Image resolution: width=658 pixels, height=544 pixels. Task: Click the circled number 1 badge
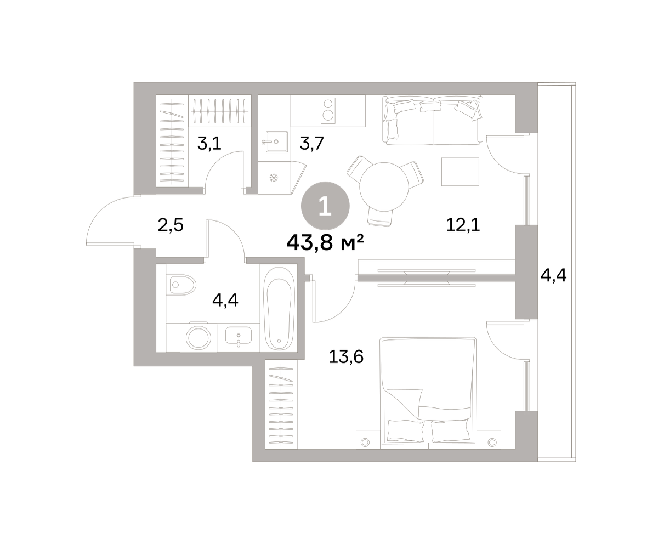point(325,206)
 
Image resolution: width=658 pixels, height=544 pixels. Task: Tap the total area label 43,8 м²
point(325,243)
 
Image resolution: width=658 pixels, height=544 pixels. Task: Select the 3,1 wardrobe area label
point(209,144)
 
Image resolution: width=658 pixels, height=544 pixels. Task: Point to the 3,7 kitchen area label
point(311,144)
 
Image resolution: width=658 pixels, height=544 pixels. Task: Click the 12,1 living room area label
point(463,225)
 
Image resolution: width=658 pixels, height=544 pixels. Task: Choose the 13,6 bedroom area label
point(346,357)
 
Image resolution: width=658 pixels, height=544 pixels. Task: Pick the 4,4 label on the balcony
point(554,275)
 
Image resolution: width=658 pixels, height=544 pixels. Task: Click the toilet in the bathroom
point(181,285)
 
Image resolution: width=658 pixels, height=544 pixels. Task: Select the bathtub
point(279,309)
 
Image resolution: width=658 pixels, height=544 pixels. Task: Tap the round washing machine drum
point(198,338)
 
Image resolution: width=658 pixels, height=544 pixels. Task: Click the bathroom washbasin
point(239,336)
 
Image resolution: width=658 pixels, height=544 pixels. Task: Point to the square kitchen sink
point(276,141)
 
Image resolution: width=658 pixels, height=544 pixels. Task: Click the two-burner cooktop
point(328,111)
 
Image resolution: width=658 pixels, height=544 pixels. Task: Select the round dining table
point(384,186)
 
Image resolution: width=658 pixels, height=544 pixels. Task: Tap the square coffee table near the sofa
point(460,172)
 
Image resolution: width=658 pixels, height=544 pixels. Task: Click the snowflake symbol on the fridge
point(274,178)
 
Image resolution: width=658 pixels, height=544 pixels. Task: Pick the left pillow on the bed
point(405,430)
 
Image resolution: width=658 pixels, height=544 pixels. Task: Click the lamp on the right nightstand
point(492,443)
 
